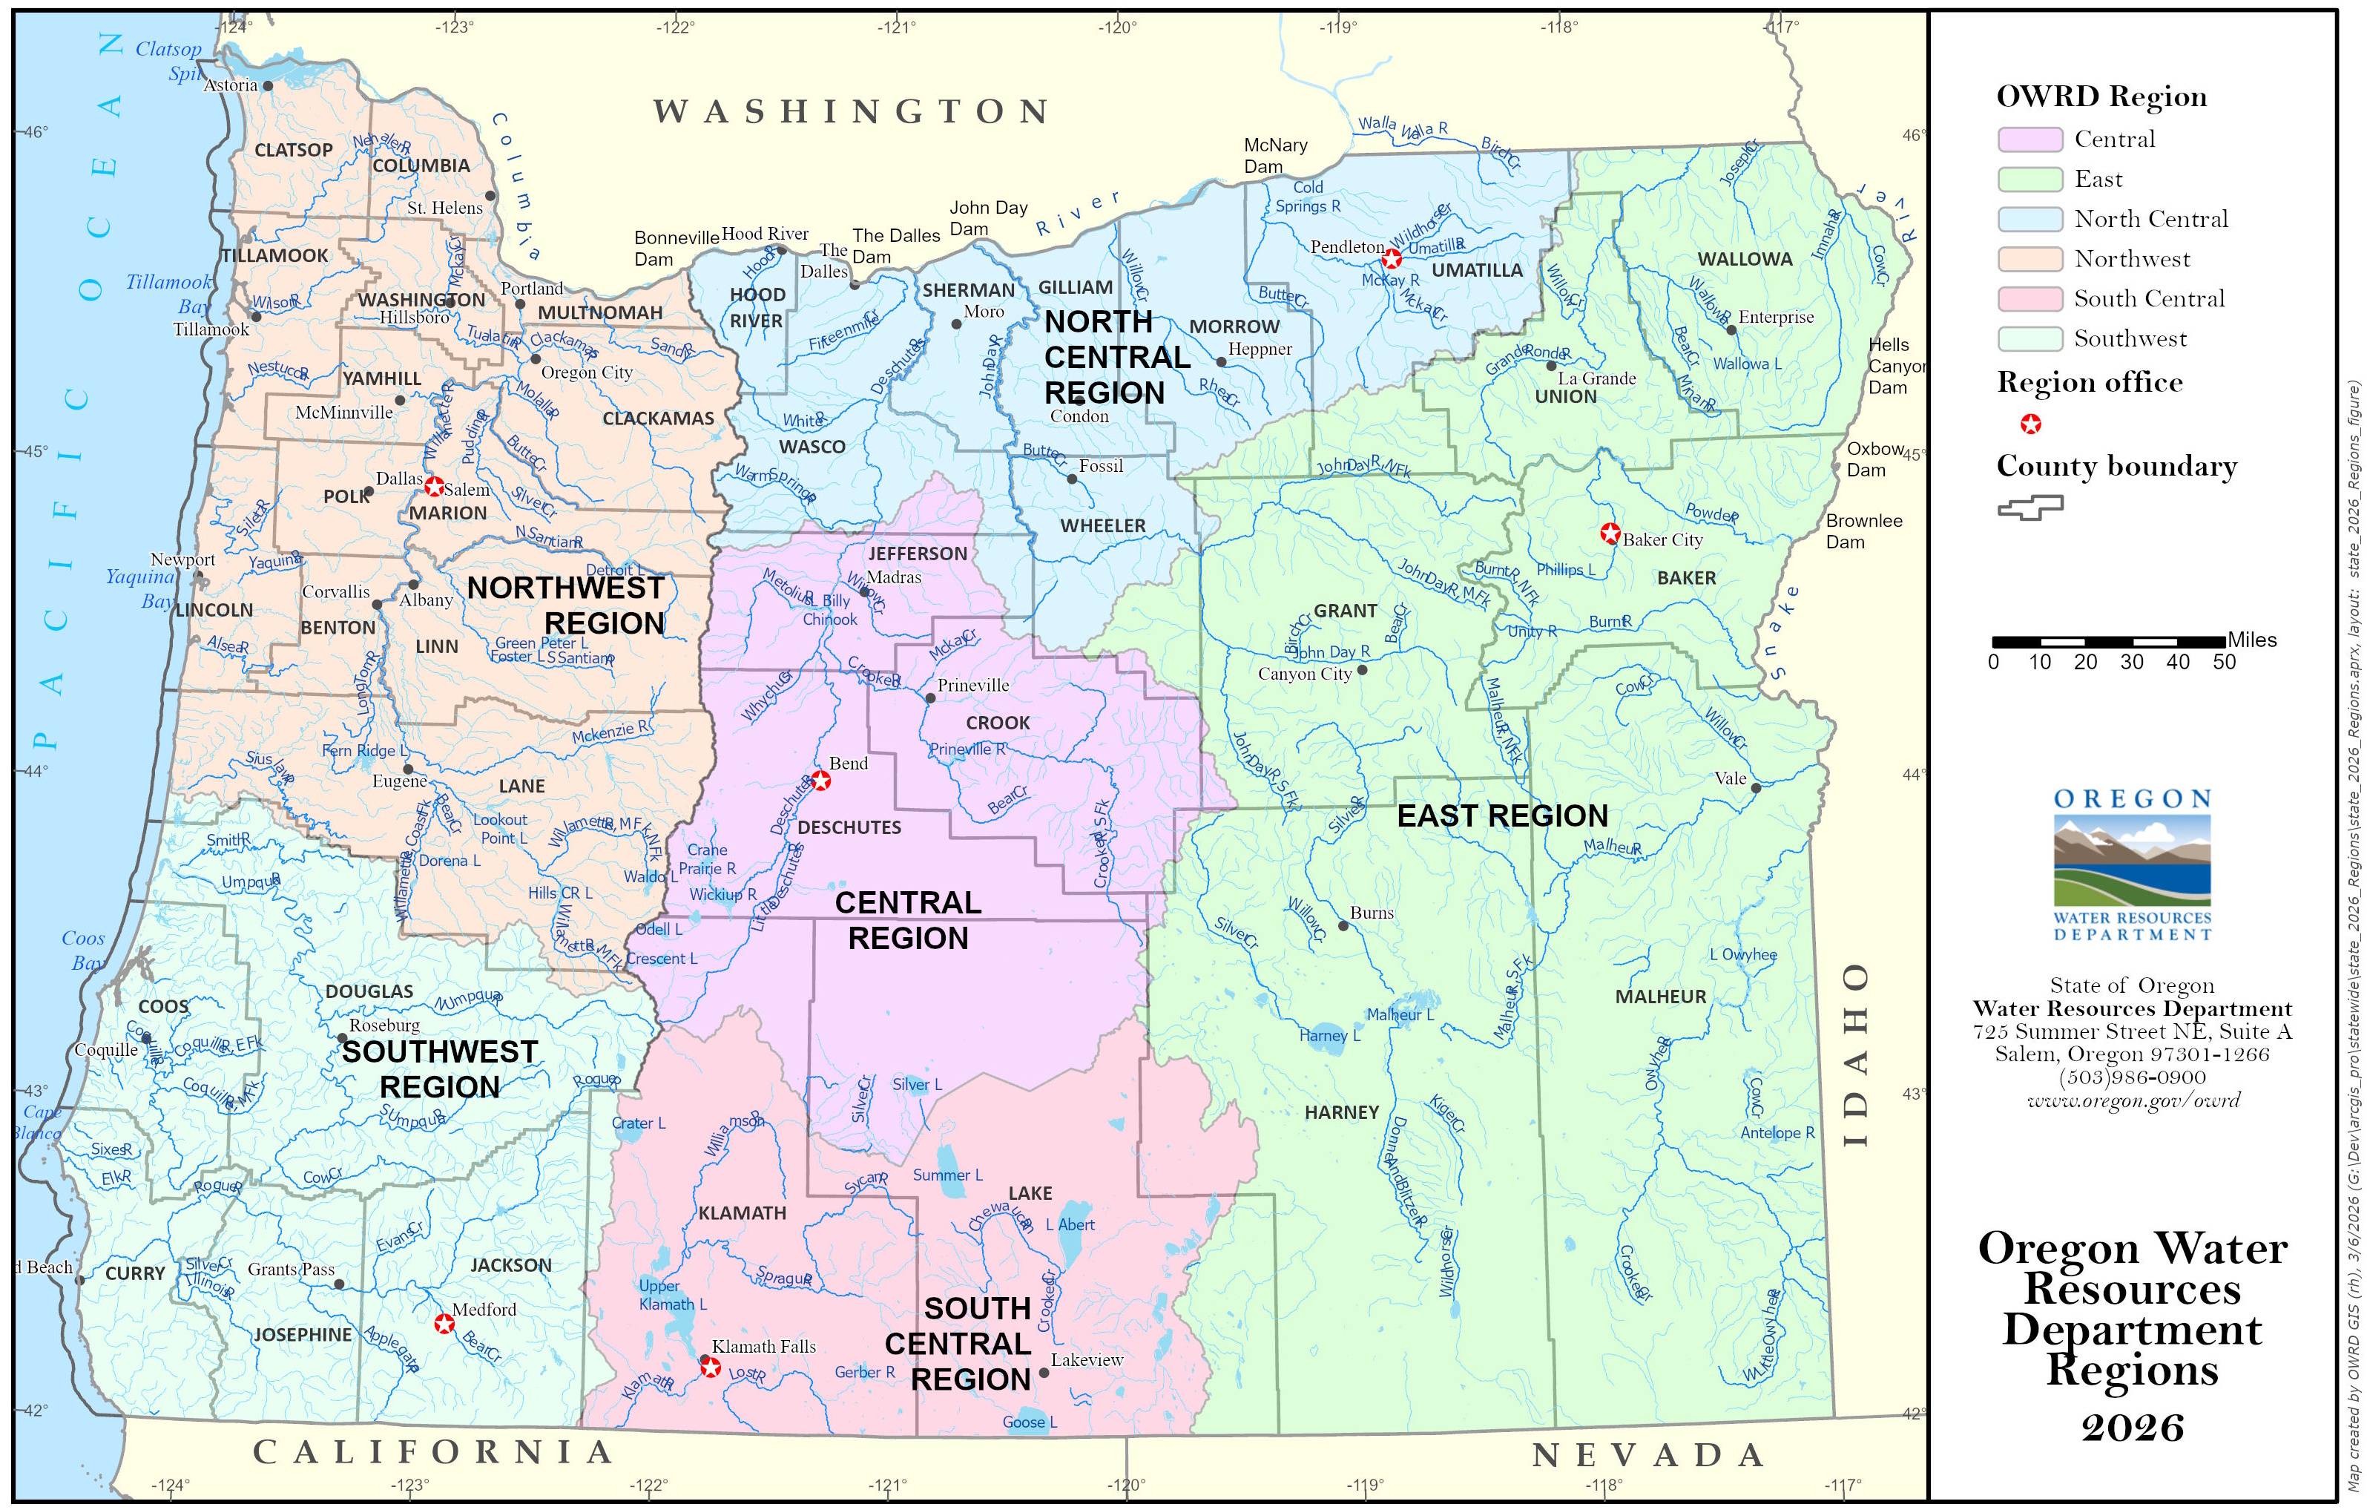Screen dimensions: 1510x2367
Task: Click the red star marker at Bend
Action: [821, 781]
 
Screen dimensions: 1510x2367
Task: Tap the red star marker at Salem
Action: [433, 487]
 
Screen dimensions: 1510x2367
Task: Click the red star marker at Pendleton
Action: [1392, 258]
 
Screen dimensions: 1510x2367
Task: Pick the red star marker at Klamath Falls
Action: [710, 1368]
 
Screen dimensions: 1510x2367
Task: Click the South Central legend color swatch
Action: [2029, 299]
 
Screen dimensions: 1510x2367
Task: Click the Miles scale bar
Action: [2108, 642]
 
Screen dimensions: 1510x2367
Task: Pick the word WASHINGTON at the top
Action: [852, 112]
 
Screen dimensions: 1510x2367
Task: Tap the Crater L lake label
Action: [638, 1123]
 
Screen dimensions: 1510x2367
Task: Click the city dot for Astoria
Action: [267, 85]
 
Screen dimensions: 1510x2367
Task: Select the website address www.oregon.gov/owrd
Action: [2132, 1100]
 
